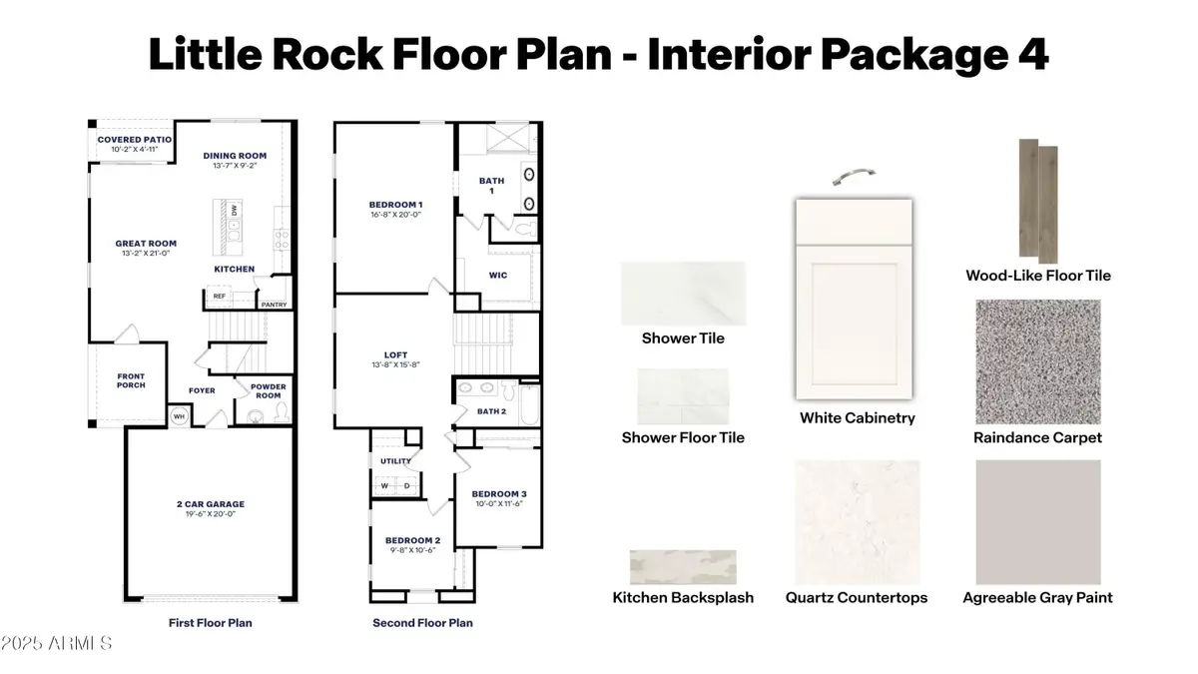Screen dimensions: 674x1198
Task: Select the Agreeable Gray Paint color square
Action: pos(1038,522)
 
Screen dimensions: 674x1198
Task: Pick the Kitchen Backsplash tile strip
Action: pos(683,566)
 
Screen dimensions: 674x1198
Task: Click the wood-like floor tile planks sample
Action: pos(1037,200)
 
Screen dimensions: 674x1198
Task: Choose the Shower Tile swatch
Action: pos(683,294)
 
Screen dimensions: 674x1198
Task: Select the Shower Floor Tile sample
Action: pos(683,395)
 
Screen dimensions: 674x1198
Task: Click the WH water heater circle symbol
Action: pos(180,416)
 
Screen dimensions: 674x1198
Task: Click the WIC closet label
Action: pos(496,275)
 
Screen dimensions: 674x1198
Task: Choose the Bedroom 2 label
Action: pos(411,544)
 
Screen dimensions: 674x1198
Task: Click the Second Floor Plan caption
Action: pos(422,623)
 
